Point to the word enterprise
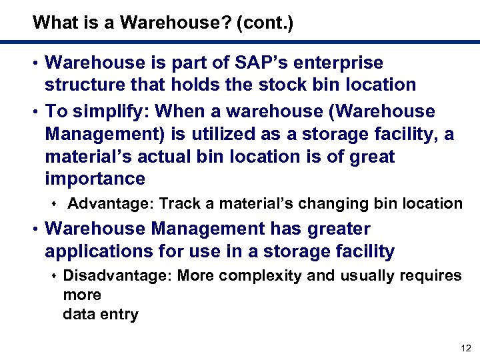tap(342, 63)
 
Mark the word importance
tap(95, 179)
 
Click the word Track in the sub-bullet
tap(179, 203)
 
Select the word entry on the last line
tap(121, 315)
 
